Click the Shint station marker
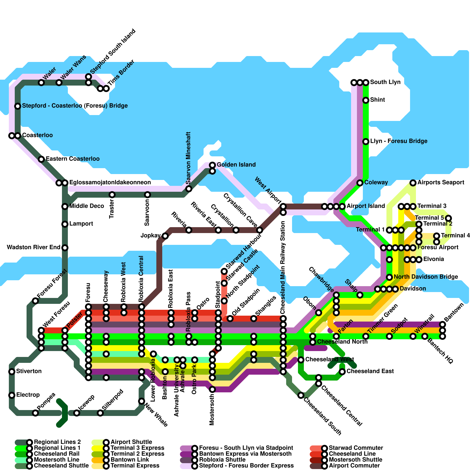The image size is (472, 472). [366, 100]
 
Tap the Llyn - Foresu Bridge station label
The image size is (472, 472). [399, 141]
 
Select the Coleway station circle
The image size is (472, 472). [360, 183]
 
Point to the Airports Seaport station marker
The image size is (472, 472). [413, 183]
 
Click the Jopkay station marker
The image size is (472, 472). [165, 236]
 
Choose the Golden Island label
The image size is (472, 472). [236, 165]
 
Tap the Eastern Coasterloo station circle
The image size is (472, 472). [41, 159]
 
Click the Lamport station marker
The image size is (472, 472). [65, 224]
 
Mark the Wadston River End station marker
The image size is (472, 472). [65, 248]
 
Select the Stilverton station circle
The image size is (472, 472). [12, 372]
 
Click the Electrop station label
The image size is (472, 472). [28, 395]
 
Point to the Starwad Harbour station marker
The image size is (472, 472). [224, 271]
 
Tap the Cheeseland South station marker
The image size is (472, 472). [301, 395]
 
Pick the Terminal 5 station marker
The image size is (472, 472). [448, 218]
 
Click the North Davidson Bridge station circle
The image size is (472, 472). [389, 277]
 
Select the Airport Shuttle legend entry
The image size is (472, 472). [131, 442]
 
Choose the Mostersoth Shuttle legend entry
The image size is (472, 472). [355, 460]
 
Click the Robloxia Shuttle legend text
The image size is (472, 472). [222, 460]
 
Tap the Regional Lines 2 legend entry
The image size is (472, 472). [57, 442]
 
